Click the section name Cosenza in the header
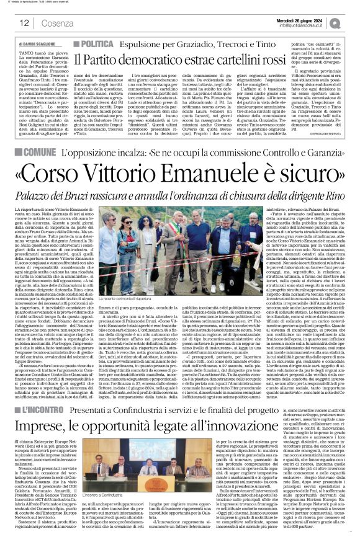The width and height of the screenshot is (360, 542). (x=50, y=22)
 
